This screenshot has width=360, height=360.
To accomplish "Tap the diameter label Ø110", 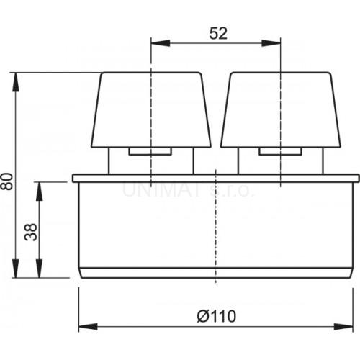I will (215, 315).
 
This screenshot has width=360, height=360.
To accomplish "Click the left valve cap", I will (150, 108).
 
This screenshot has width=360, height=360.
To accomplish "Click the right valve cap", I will (280, 108).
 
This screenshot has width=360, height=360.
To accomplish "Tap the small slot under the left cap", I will (150, 151).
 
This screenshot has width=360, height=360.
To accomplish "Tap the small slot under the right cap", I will (280, 151).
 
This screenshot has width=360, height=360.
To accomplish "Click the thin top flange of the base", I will (215, 177).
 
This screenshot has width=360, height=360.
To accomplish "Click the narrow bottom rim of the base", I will (215, 273).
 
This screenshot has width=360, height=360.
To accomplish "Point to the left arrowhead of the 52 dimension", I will (155, 42).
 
